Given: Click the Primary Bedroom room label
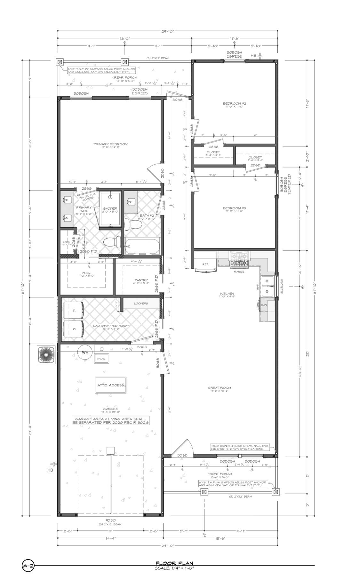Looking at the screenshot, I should [110, 144].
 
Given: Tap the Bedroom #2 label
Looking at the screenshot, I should [234, 103].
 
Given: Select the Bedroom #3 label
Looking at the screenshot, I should [234, 208].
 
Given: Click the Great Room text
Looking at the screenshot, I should [221, 388].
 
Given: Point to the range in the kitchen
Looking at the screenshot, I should [239, 260].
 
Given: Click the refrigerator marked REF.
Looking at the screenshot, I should [205, 263].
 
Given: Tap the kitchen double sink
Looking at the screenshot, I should [267, 286].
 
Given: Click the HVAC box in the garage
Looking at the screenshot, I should [101, 358].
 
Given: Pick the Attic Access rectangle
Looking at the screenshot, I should [111, 385].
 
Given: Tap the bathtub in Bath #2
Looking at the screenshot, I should [142, 246].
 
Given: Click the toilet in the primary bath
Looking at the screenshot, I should [112, 242].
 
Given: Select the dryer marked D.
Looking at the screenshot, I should [74, 311].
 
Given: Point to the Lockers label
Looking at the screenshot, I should [141, 303].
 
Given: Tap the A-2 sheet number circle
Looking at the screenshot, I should [28, 566].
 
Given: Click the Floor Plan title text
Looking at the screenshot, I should [174, 563].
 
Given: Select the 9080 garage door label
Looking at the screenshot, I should [110, 520].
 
